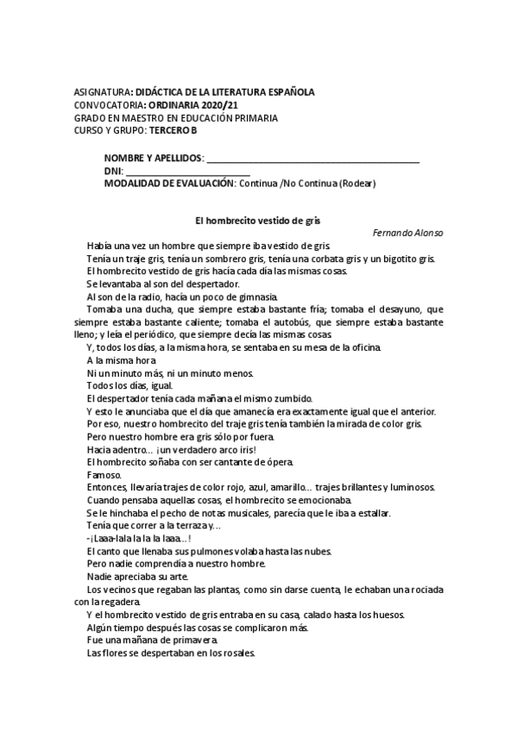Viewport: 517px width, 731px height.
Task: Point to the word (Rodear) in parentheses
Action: (x=356, y=183)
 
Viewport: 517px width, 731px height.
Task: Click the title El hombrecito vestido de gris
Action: (x=258, y=221)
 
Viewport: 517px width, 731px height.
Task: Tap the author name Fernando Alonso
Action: (x=408, y=234)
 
